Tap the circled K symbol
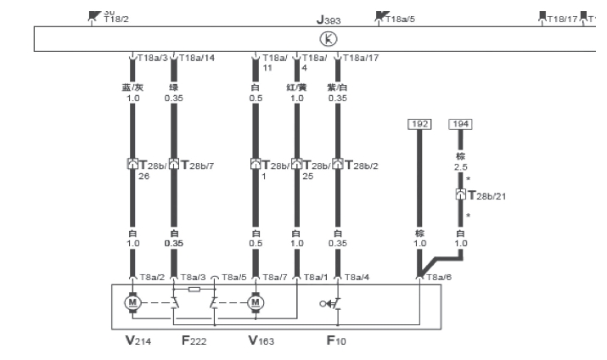coord(325,37)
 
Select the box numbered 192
coord(419,124)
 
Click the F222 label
coord(194,342)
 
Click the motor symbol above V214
coord(132,301)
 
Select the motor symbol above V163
coord(256,301)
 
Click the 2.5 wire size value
coord(461,167)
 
